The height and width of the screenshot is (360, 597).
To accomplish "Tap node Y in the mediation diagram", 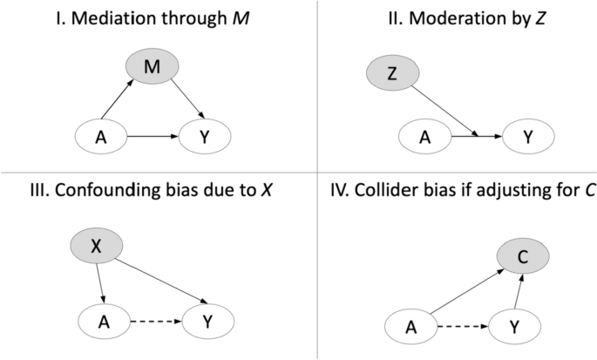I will pos(207,137).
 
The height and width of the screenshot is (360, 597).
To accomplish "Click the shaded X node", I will pos(98,247).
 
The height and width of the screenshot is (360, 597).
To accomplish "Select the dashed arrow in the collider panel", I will pos(468,329).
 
